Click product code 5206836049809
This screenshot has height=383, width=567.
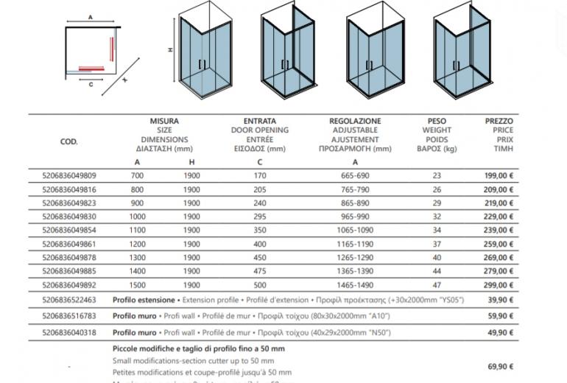pyautogui.click(x=71, y=176)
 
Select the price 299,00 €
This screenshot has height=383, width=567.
pyautogui.click(x=499, y=284)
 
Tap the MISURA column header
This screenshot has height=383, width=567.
pyautogui.click(x=164, y=121)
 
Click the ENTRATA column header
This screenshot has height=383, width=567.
pyautogui.click(x=259, y=121)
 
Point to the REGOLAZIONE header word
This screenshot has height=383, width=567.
pyautogui.click(x=355, y=121)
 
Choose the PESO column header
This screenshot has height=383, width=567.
pyautogui.click(x=437, y=121)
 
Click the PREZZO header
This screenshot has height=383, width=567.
pyautogui.click(x=499, y=121)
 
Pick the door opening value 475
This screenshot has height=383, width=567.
pyautogui.click(x=259, y=270)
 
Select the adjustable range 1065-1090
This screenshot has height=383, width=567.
pyautogui.click(x=355, y=230)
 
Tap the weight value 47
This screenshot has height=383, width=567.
pyautogui.click(x=437, y=284)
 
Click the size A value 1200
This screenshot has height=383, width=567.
pyautogui.click(x=138, y=243)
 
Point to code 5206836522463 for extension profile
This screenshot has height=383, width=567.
pyautogui.click(x=71, y=301)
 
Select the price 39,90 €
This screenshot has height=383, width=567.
pyautogui.click(x=501, y=301)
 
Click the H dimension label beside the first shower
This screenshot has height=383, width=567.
pyautogui.click(x=169, y=51)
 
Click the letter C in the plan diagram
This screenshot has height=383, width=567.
pyautogui.click(x=91, y=85)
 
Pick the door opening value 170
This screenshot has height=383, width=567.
pyautogui.click(x=259, y=176)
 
